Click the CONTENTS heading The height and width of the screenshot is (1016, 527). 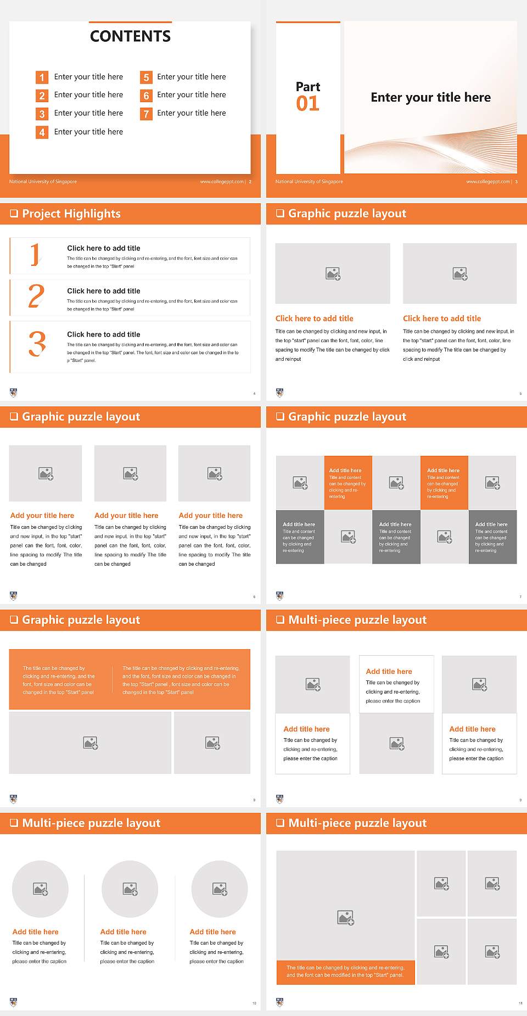pyautogui.click(x=130, y=36)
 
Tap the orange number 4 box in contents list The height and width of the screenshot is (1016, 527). pyautogui.click(x=42, y=132)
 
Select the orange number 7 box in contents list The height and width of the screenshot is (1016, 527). pyautogui.click(x=146, y=114)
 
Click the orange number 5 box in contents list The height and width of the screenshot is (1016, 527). pyautogui.click(x=146, y=77)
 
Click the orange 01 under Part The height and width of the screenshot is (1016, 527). pyautogui.click(x=307, y=104)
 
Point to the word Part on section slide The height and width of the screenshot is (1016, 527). pyautogui.click(x=307, y=87)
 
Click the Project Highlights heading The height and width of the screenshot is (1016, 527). pyautogui.click(x=71, y=214)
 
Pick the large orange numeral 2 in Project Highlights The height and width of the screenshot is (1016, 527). pyautogui.click(x=36, y=297)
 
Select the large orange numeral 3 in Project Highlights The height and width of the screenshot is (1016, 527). pyautogui.click(x=37, y=344)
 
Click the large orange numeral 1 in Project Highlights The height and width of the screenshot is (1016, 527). pyautogui.click(x=35, y=254)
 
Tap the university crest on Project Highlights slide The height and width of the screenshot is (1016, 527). pyautogui.click(x=14, y=393)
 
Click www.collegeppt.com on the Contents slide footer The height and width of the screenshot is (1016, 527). pyautogui.click(x=222, y=182)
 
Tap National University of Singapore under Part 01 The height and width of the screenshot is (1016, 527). pyautogui.click(x=309, y=182)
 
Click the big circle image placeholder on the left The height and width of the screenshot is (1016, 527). pyautogui.click(x=40, y=889)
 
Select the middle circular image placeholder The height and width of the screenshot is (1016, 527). pyautogui.click(x=130, y=889)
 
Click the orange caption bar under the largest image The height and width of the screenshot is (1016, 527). pyautogui.click(x=345, y=972)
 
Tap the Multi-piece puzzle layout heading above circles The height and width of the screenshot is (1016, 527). pyautogui.click(x=91, y=823)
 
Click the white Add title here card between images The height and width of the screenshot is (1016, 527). pyautogui.click(x=396, y=684)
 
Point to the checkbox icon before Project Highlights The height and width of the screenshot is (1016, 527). pyautogui.click(x=14, y=214)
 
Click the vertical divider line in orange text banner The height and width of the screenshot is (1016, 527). pyautogui.click(x=113, y=680)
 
